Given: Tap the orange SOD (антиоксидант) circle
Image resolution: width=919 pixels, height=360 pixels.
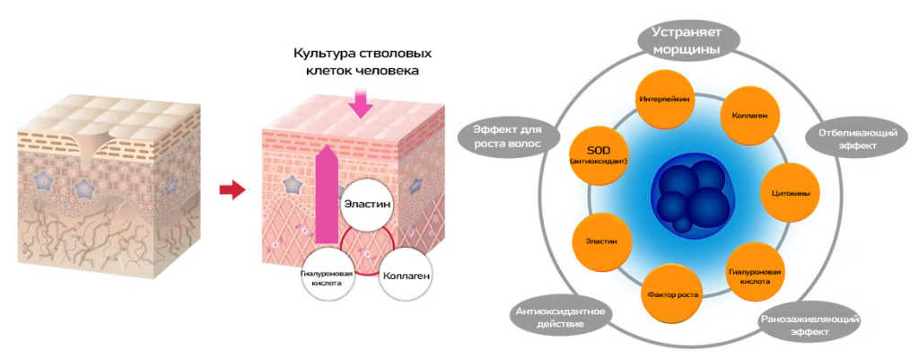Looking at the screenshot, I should (598, 153).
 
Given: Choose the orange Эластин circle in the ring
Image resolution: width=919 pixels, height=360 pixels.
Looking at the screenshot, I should (600, 241).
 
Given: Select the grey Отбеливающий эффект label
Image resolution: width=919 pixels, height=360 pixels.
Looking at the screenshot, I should (847, 138).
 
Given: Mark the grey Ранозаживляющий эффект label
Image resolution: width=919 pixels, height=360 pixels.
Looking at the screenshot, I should (810, 325).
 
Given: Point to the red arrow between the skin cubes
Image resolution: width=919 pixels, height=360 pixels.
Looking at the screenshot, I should (232, 189).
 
